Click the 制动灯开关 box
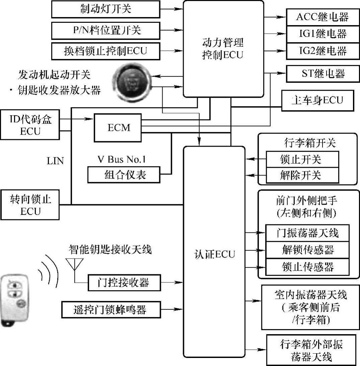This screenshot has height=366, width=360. [x=106, y=9]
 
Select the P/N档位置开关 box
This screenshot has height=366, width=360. [x=106, y=31]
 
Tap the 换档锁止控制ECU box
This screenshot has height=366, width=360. [x=106, y=52]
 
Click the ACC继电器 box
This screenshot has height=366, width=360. [x=322, y=17]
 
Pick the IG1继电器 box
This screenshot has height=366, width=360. [x=322, y=34]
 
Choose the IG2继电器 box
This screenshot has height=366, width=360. [x=322, y=51]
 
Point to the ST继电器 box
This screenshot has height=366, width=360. [x=322, y=73]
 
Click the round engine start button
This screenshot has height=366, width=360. [x=132, y=81]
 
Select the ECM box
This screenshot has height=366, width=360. [x=118, y=128]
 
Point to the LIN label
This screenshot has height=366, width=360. [x=55, y=161]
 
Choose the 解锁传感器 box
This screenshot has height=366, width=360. [x=307, y=250]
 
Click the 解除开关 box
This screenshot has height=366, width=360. [x=302, y=175]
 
